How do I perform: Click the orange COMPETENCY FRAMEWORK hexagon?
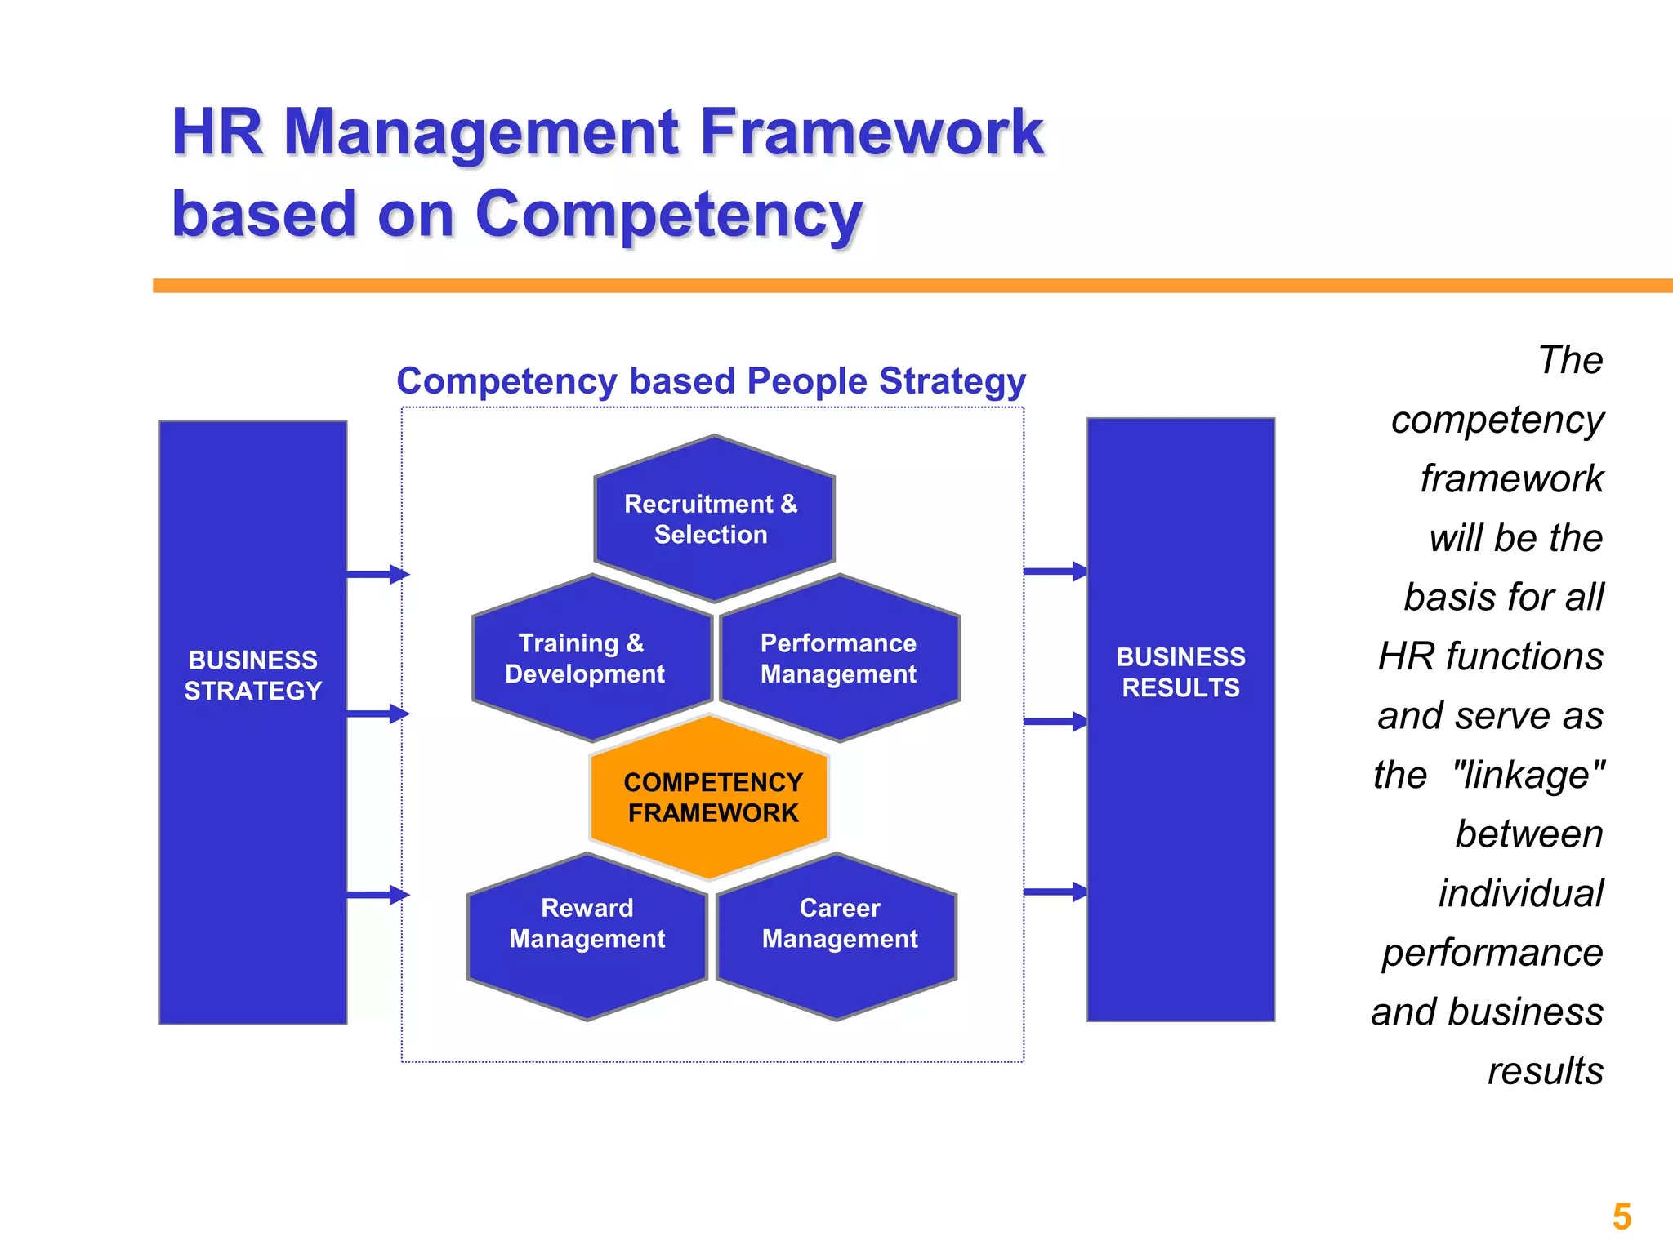pos(710,798)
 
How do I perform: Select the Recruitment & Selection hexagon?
pos(713,519)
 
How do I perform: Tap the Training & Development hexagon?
pos(591,658)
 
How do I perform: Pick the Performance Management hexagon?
pos(839,658)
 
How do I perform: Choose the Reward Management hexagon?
pos(587,935)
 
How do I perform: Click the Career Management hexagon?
pos(837,935)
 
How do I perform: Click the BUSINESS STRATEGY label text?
pos(253,675)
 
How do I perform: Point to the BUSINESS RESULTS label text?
pos(1180,672)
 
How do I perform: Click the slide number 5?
pos(1622,1216)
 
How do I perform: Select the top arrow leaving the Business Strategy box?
pos(377,575)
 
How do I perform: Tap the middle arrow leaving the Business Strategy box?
pos(377,714)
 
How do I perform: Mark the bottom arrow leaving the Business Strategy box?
pos(377,895)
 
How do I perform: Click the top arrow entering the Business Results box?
pos(1055,571)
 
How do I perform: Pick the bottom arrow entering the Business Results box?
pos(1055,892)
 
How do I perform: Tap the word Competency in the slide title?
pos(668,214)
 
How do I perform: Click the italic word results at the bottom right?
pos(1545,1070)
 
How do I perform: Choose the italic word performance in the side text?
pos(1492,952)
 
